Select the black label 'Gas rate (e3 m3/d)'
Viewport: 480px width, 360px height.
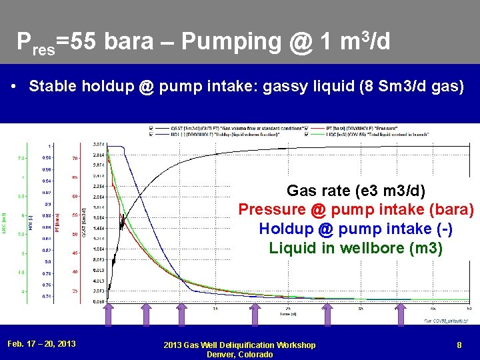[x=355, y=191]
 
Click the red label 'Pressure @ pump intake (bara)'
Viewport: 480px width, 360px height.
[x=355, y=210]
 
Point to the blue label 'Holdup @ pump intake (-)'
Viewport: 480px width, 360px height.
[x=355, y=229]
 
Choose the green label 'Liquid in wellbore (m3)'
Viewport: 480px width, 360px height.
[x=355, y=247]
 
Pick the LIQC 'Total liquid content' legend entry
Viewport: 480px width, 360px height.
[x=373, y=135]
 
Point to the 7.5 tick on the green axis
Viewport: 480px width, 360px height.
[x=21, y=159]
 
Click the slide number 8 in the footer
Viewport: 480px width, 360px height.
[x=459, y=344]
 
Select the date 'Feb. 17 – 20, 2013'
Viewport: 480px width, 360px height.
[x=41, y=344]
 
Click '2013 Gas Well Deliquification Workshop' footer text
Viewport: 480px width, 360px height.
[x=240, y=345]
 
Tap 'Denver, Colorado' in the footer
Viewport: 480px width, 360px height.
[x=240, y=354]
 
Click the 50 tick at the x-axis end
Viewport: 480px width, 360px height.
[x=469, y=309]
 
